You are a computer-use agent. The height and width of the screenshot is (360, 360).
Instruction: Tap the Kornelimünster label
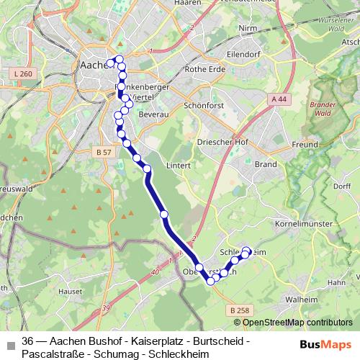(305, 225)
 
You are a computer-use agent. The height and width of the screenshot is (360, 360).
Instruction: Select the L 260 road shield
(23, 74)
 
